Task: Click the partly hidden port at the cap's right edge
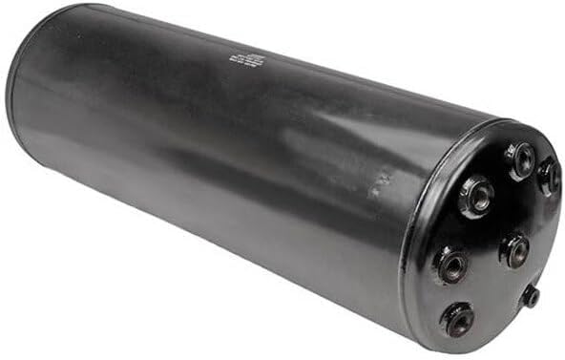[549, 176]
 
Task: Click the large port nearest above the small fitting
[516, 250]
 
